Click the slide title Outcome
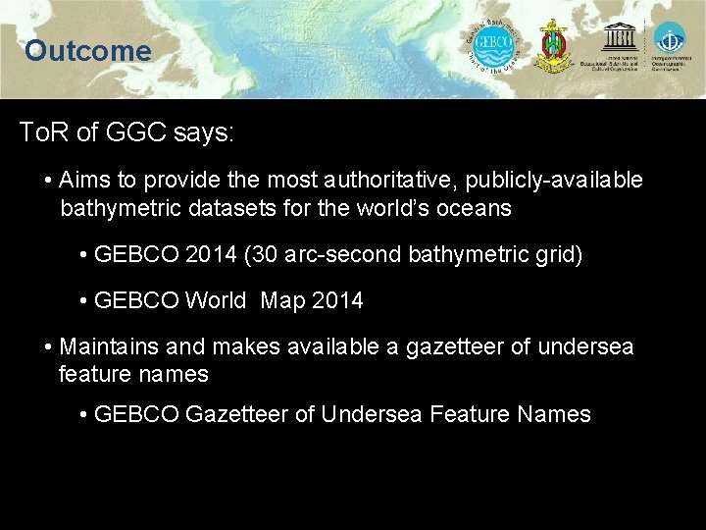click(x=88, y=51)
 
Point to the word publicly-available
click(x=554, y=181)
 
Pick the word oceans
click(x=477, y=208)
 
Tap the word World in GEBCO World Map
click(x=216, y=301)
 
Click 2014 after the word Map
click(x=336, y=301)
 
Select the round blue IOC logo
click(x=671, y=39)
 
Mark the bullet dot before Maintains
click(x=49, y=346)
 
